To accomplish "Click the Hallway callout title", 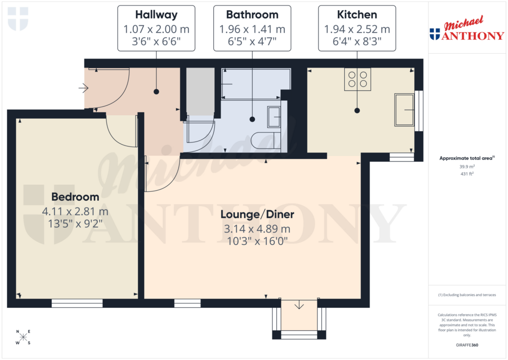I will coord(156,15).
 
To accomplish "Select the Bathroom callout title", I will coord(252,15).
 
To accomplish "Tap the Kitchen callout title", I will coord(357,15).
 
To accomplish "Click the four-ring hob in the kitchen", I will coord(358,79).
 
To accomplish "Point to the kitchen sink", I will coord(404,109).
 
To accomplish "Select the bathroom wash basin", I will coord(274,117).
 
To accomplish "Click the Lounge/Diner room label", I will coord(257,215).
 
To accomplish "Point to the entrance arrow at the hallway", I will coord(83,89).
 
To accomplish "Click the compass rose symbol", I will coord(23,337).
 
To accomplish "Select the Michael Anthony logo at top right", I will coord(466,31).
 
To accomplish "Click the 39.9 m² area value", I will coord(467,167).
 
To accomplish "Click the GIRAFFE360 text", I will coord(467,345).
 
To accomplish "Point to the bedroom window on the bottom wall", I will coord(77,303).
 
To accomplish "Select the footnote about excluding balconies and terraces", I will coord(467,295).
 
